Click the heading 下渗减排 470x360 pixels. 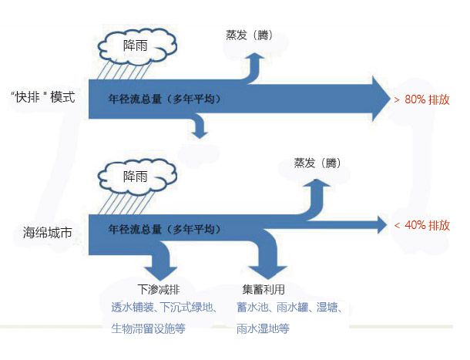159,291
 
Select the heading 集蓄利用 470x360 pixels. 264,291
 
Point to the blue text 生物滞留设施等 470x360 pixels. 149,328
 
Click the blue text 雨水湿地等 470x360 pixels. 263,328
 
